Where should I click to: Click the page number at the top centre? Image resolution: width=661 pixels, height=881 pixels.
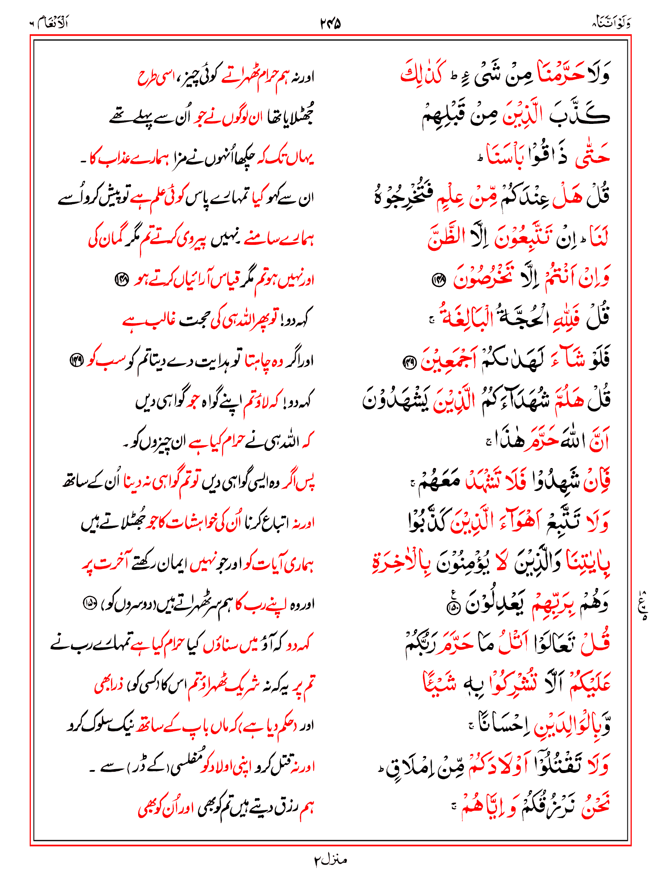pos(330,23)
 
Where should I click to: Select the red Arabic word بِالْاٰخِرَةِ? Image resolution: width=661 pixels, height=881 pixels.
pos(401,563)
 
